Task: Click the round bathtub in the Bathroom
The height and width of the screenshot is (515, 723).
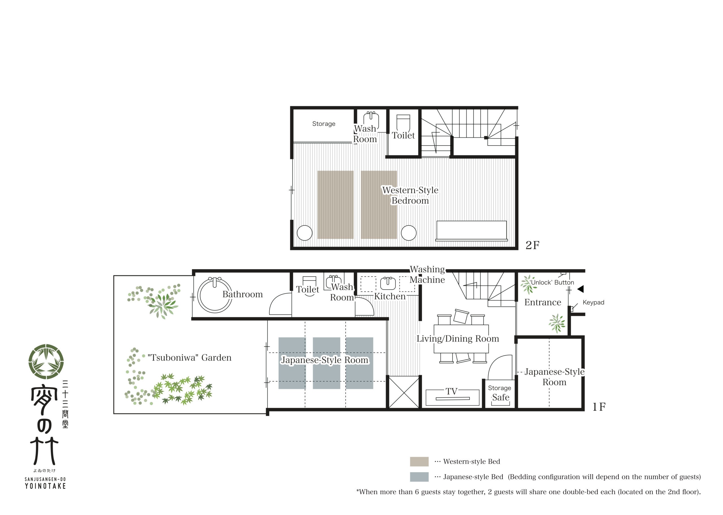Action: pos(215,295)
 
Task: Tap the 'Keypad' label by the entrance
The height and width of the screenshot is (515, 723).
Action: pos(593,302)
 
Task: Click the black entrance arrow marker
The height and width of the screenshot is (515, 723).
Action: pos(580,289)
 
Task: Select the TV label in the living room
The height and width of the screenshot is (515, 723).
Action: pos(451,391)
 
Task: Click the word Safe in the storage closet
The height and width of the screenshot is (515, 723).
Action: pos(500,397)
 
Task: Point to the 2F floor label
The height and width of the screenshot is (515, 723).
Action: pos(532,245)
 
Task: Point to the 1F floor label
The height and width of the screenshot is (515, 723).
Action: pos(599,407)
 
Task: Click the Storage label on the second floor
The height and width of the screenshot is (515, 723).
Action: pos(323,124)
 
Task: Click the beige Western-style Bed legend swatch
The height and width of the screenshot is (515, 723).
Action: pos(419,461)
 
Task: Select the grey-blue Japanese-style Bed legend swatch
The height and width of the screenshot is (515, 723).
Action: pos(419,477)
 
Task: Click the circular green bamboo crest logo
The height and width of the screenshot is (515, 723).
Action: pos(46,361)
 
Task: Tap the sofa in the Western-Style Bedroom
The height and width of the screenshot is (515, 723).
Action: pos(471,231)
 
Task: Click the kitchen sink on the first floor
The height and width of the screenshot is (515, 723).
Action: pos(388,283)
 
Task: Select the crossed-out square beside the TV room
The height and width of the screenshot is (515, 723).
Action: pos(404,392)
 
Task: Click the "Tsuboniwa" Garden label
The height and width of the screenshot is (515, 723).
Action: pos(189,358)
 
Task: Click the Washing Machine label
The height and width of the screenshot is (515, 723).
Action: pos(427,274)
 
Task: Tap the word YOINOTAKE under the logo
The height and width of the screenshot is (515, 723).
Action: pos(45,486)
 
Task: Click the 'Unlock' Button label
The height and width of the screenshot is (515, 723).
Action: pos(552,282)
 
